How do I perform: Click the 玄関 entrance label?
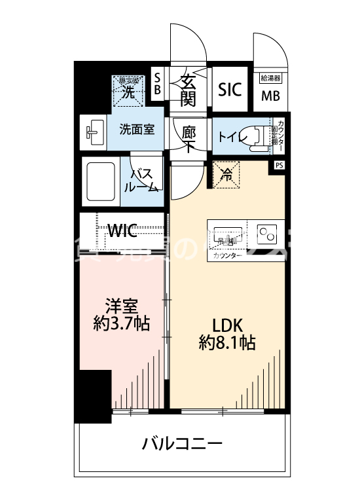189,90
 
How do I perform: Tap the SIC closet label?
230,89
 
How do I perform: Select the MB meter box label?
270,96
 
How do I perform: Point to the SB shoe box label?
156,85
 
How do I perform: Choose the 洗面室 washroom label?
137,129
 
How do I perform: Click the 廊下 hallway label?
189,137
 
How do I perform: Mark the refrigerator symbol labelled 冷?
226,175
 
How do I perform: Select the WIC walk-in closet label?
122,230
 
